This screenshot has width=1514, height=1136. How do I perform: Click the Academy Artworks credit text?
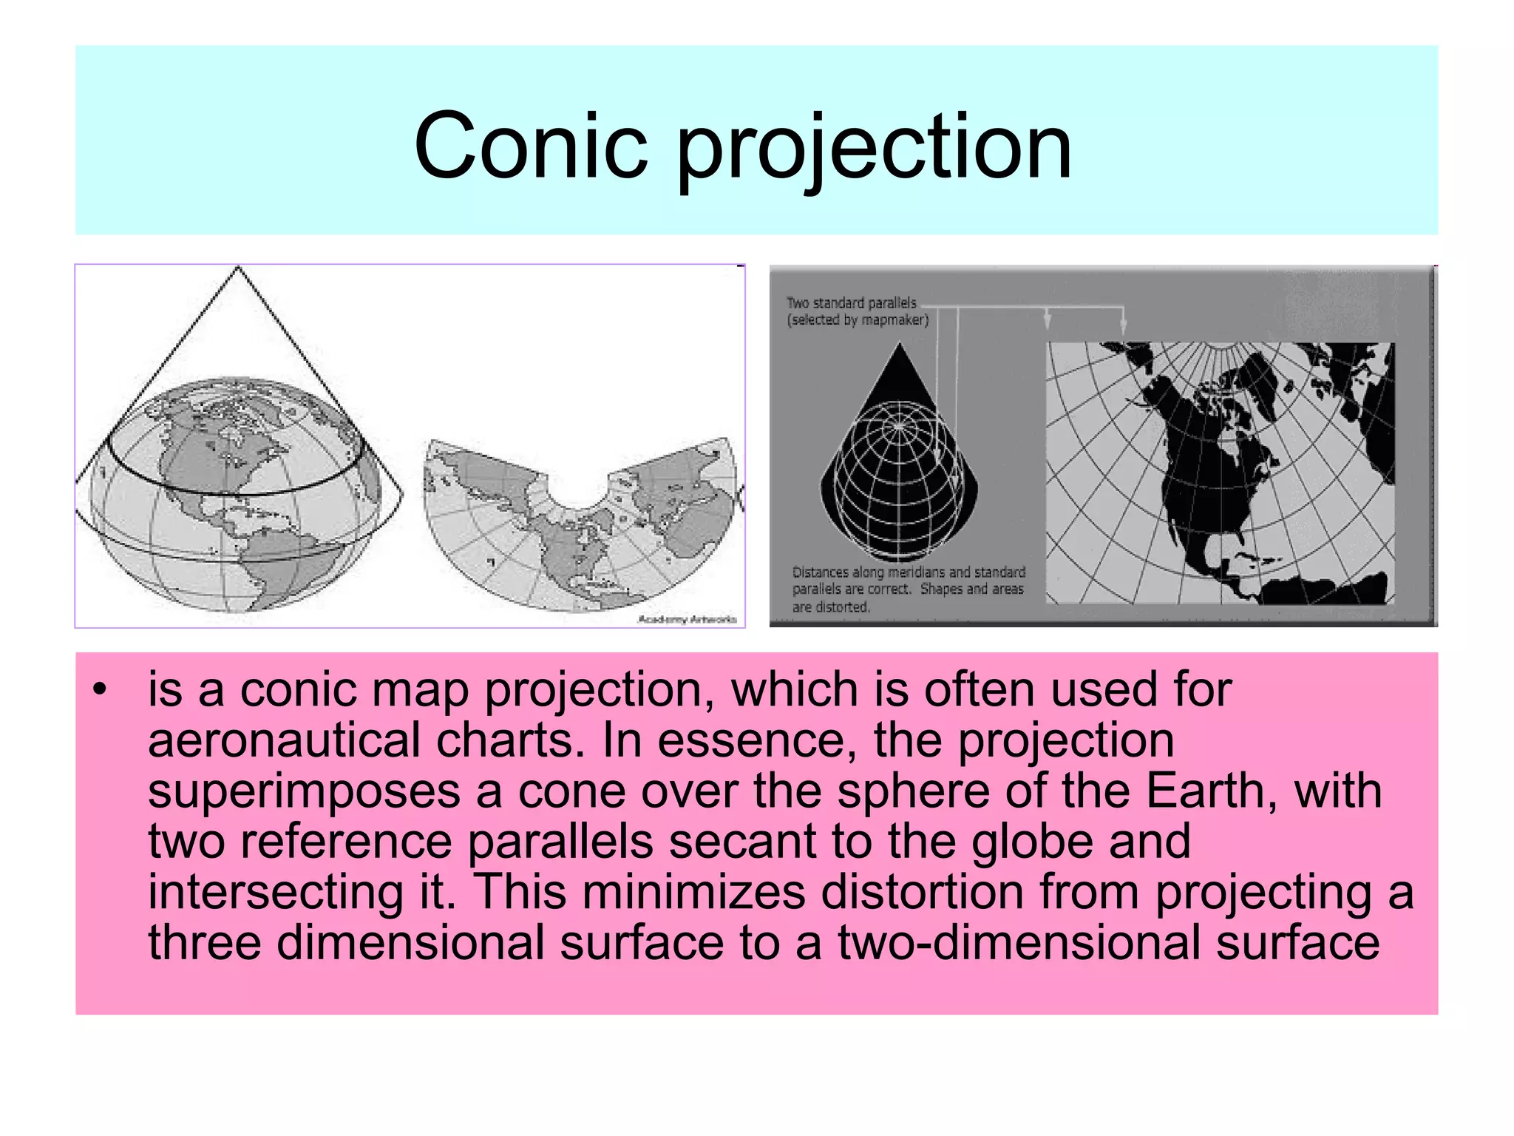tap(687, 619)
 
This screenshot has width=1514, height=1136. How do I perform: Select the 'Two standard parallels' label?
tap(851, 302)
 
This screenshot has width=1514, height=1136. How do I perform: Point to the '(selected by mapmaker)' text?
tap(858, 320)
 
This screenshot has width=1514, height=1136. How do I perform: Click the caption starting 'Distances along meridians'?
tap(909, 589)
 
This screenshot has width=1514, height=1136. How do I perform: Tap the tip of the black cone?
tap(900, 345)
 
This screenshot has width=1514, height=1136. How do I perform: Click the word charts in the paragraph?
tap(505, 740)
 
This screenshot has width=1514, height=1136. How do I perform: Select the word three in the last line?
tap(204, 942)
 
